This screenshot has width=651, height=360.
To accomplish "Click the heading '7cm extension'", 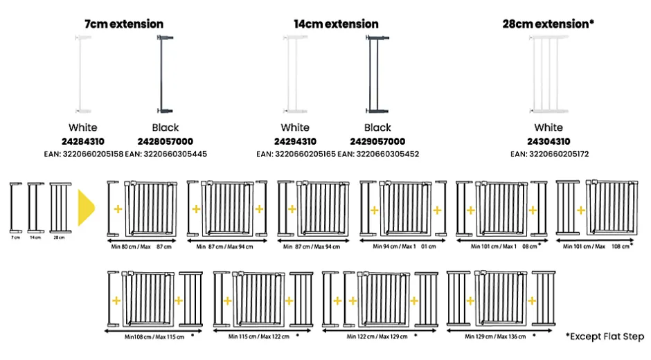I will click(124, 24).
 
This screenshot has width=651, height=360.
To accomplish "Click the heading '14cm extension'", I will click(336, 24).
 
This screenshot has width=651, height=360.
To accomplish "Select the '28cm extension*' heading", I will click(549, 24).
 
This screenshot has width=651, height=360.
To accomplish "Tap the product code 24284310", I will click(82, 141).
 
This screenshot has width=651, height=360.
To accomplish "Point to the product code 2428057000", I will click(166, 141).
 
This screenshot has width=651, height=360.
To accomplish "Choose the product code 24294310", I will click(295, 141).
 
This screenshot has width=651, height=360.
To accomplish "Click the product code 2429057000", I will click(377, 141).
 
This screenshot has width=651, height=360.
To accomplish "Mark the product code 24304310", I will click(549, 141).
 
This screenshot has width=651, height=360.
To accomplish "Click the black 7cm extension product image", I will click(165, 74).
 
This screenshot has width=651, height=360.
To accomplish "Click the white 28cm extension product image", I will click(549, 75).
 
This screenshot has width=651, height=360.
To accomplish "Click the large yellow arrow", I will click(87, 206).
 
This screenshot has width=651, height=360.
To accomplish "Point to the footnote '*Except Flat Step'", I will click(605, 337).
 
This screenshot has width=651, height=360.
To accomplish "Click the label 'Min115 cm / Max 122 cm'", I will click(258, 336).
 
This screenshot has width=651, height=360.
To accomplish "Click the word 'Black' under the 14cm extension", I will click(377, 127).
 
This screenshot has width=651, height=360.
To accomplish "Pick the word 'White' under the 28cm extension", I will click(549, 127).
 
